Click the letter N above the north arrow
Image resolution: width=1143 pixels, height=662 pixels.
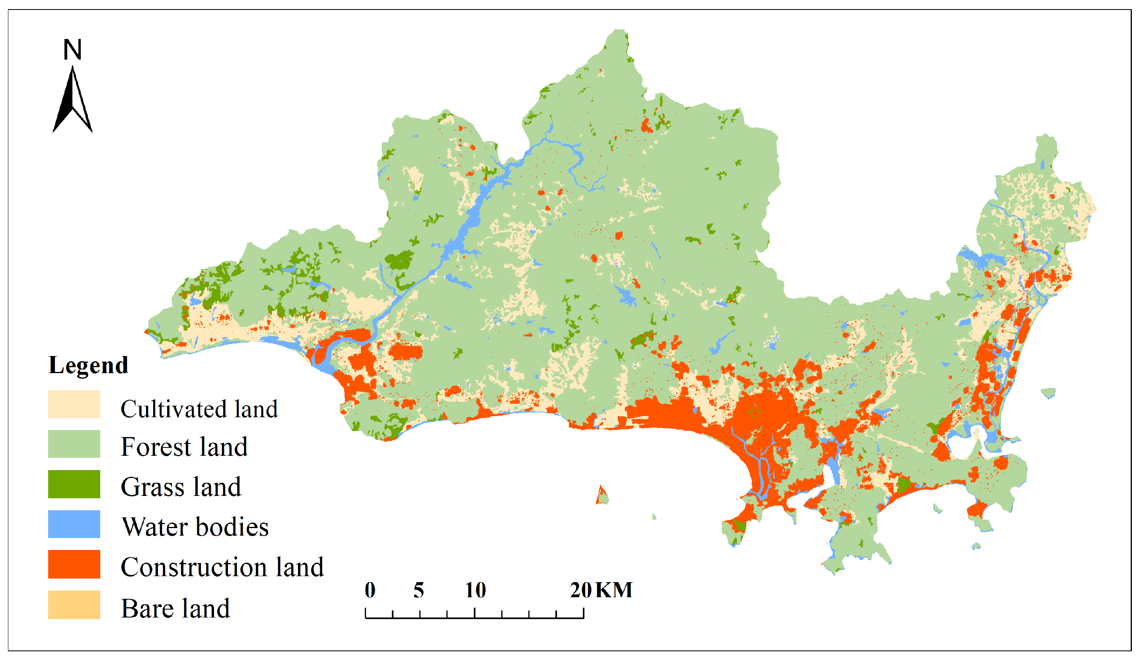[x=72, y=49]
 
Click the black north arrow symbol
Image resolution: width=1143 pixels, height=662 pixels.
[x=72, y=102]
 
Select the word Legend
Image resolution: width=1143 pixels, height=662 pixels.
[x=88, y=365]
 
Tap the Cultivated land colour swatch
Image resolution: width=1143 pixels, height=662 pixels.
[x=74, y=404]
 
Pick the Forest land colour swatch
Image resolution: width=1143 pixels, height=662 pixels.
[x=74, y=444]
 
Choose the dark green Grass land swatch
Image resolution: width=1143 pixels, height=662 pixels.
[x=74, y=484]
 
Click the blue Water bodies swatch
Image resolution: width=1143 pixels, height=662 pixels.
[x=74, y=524]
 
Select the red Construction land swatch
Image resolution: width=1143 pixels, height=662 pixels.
[x=74, y=565]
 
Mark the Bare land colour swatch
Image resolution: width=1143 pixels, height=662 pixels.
[x=74, y=605]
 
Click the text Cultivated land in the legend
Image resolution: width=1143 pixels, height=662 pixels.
[x=199, y=409]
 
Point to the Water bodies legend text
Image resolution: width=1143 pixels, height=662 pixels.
[x=195, y=527]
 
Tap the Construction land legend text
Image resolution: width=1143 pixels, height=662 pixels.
[x=222, y=567]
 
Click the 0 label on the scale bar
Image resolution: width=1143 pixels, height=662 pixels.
[x=370, y=590]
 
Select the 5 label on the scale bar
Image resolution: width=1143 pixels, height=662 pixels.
[x=419, y=590]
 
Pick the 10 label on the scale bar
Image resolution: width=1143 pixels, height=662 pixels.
[x=475, y=590]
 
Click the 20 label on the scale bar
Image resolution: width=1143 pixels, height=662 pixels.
[x=580, y=590]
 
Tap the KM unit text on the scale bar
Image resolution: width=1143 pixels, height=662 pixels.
[x=614, y=590]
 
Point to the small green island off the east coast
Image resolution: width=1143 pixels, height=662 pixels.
[x=1048, y=393]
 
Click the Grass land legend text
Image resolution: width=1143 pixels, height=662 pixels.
[x=181, y=487]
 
